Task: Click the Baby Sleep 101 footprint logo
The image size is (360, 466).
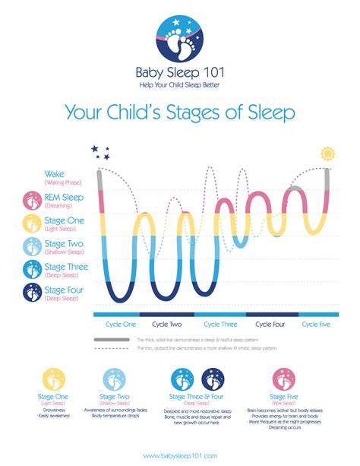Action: (x=180, y=38)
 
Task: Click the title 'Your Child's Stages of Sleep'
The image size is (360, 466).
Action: (x=180, y=113)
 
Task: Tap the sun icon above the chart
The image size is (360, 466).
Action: (x=327, y=153)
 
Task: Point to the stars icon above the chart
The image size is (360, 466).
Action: (x=100, y=152)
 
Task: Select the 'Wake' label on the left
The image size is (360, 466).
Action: (x=55, y=175)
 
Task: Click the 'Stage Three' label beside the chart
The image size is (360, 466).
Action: (x=67, y=267)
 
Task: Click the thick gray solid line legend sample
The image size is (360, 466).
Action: (x=112, y=339)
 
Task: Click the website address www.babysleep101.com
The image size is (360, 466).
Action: (x=180, y=455)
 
